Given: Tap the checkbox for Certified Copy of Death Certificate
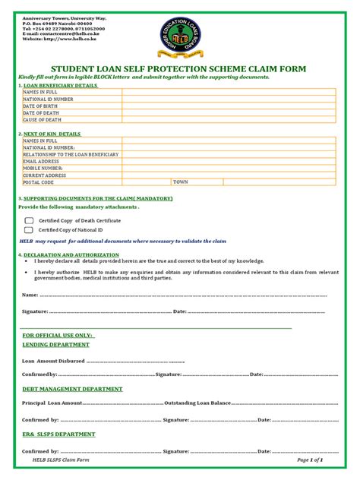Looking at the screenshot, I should point(29,220).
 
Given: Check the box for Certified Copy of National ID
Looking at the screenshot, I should point(29,229).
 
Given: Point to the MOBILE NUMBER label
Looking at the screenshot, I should point(43,168).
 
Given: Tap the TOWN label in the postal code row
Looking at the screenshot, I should point(180,182).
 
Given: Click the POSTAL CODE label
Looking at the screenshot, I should point(39,182).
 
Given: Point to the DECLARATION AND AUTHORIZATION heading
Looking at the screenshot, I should point(71,254).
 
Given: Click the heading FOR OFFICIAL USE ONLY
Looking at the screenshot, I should point(58,335).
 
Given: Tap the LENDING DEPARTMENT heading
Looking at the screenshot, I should point(55,345).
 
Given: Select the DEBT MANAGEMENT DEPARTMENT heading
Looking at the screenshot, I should point(72,389).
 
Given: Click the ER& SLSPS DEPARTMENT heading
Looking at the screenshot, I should point(58,434).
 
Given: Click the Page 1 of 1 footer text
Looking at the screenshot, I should point(311,460).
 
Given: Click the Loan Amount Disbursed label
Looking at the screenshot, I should point(53,361).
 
